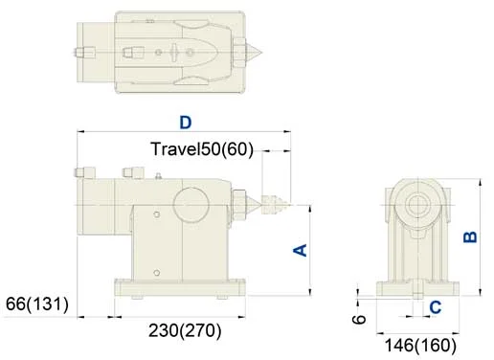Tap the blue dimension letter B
[470, 236]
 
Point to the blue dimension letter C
[436, 307]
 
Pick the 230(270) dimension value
[185, 331]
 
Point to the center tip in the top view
[258, 48]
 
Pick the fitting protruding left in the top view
[84, 49]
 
